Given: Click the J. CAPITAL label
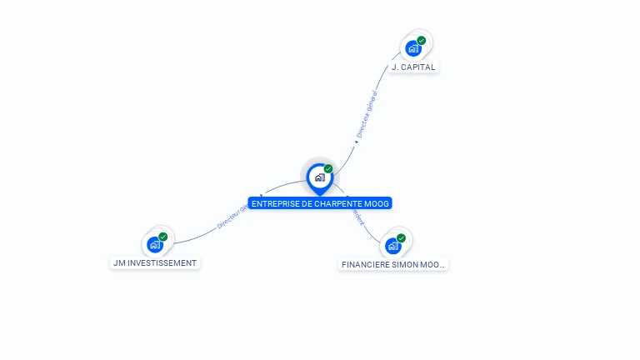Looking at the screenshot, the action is (413, 67).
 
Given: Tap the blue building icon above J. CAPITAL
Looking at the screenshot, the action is (412, 48).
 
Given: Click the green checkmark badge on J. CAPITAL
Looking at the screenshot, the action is (422, 40).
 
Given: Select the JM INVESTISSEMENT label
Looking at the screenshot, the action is (156, 262).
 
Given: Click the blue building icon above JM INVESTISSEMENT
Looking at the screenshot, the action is (154, 245).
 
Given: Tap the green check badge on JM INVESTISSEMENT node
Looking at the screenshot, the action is (163, 237).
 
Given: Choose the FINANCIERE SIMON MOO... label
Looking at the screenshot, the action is (393, 264).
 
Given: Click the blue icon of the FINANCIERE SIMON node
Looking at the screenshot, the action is (392, 247).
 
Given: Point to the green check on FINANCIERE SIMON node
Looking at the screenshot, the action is (402, 238).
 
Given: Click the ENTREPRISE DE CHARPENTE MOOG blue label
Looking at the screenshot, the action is (319, 203).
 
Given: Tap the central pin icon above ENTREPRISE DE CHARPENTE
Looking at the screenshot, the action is (319, 177).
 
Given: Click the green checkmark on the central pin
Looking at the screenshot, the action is (328, 169).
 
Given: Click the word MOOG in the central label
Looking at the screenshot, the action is (377, 203).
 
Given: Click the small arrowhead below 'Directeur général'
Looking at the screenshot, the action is (356, 142).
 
